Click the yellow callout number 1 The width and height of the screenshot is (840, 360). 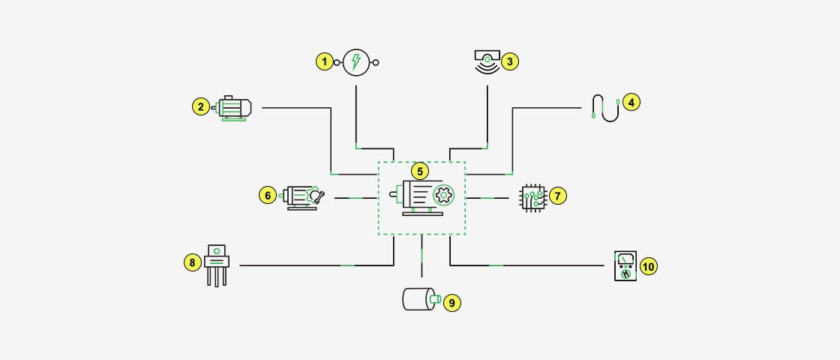point(324,62)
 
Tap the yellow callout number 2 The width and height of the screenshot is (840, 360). point(199,107)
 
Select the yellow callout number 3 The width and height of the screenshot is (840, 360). point(510,61)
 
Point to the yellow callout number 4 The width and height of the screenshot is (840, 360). point(631,102)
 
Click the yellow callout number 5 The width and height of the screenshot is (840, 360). point(421,171)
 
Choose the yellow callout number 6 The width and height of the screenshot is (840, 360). point(267,196)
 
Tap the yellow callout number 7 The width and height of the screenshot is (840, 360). point(557,196)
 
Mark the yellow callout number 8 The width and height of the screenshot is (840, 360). point(192,262)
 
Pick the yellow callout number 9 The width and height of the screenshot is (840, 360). point(451,303)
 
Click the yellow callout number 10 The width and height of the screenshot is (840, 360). point(648,266)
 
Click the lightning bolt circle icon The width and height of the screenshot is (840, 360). point(356,63)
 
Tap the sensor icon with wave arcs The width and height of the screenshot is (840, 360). point(487,61)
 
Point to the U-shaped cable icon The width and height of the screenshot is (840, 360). point(605,107)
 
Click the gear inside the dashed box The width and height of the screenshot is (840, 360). point(444,196)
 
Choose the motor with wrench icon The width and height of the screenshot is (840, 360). point(302,196)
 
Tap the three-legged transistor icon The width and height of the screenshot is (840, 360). point(217,264)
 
